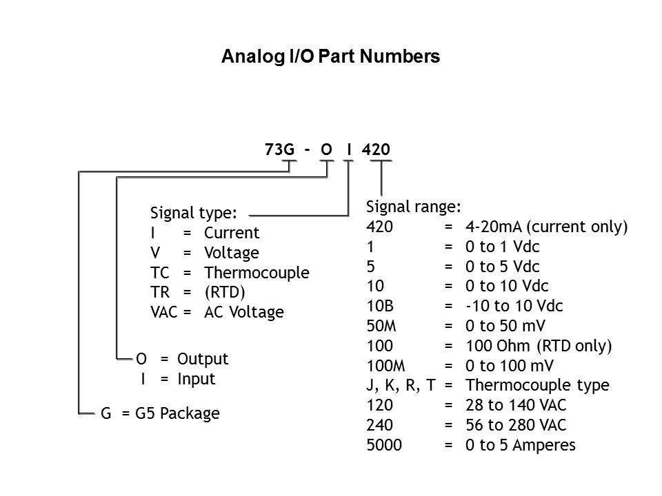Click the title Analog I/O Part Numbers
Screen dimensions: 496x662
(x=330, y=57)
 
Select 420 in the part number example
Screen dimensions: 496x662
(x=379, y=149)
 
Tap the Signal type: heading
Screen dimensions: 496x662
(x=194, y=212)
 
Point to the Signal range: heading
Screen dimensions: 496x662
(x=414, y=206)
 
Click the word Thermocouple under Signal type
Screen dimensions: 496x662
(x=257, y=272)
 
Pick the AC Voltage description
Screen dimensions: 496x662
(x=243, y=312)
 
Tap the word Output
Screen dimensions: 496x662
(x=203, y=359)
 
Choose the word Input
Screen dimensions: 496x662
(x=197, y=379)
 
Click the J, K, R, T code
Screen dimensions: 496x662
(x=401, y=385)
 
